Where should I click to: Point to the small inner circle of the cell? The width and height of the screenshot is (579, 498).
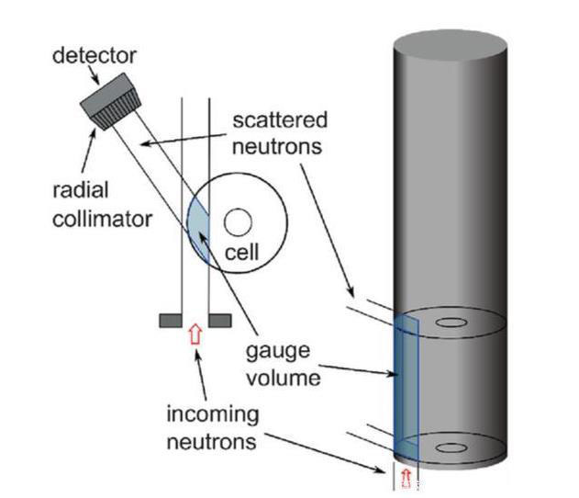[x=239, y=222]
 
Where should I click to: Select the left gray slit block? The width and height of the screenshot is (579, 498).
[x=171, y=320]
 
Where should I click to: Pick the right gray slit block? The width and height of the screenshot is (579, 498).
[x=218, y=320]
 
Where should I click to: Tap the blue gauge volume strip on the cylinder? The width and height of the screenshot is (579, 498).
[x=406, y=386]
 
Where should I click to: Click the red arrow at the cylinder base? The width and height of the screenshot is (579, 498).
[x=406, y=480]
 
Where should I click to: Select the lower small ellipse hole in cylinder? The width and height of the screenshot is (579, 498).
[x=451, y=447]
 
